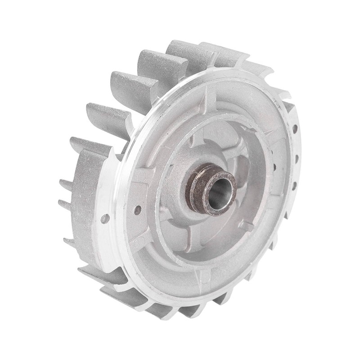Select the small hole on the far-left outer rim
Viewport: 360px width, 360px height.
point(104,218)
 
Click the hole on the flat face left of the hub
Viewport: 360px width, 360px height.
point(137,209)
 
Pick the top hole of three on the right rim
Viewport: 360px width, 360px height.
point(295,130)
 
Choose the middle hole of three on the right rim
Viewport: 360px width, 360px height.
point(297,158)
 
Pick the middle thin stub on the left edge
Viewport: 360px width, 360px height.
point(65,205)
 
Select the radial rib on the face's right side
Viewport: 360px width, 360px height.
point(274,148)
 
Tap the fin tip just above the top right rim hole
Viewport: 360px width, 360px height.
point(288,108)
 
